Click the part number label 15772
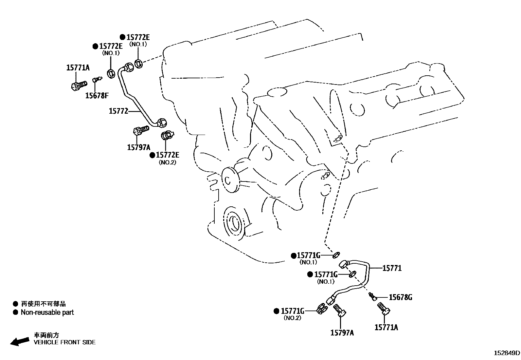[x=118, y=111]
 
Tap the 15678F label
[x=97, y=96]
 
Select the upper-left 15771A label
[x=78, y=68]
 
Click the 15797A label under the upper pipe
[x=139, y=147]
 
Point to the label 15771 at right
[x=392, y=268]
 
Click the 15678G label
[x=400, y=297]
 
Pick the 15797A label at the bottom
[x=342, y=333]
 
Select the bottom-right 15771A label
[x=386, y=327]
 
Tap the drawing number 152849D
[x=507, y=353]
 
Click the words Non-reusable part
[x=47, y=313]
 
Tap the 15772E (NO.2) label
[x=168, y=155]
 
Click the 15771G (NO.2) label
[x=293, y=311]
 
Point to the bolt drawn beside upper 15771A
[x=78, y=85]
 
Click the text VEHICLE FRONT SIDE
[x=65, y=342]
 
